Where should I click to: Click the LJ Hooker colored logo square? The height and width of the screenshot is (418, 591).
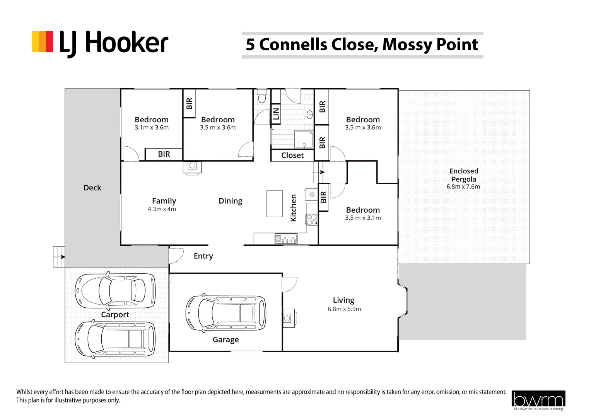(x=42, y=41)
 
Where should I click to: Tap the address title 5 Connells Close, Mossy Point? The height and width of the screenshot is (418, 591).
(x=362, y=45)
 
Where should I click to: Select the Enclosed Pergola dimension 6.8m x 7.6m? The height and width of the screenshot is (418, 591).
(x=463, y=187)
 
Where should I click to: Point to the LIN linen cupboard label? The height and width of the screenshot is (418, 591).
(x=276, y=114)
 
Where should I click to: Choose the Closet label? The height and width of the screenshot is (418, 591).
(x=292, y=155)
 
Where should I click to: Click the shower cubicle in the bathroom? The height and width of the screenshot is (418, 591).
(x=304, y=139)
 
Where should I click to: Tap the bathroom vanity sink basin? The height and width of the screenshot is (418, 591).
(x=309, y=115)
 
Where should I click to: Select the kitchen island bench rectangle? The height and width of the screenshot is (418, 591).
(x=274, y=204)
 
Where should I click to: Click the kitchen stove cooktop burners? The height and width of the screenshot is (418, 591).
(x=312, y=220)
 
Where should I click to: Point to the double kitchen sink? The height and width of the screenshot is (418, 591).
(x=286, y=239)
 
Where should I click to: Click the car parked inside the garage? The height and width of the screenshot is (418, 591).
(x=225, y=313)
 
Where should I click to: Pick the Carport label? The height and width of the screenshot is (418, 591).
(x=115, y=315)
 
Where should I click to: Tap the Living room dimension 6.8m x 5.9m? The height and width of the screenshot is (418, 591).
(x=344, y=309)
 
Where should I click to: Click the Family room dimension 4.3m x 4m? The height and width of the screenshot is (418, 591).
(x=162, y=209)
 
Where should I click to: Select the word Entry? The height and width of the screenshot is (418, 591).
(x=203, y=256)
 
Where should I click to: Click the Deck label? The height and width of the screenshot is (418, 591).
(x=92, y=188)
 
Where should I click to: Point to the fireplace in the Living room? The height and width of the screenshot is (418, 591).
(x=290, y=318)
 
